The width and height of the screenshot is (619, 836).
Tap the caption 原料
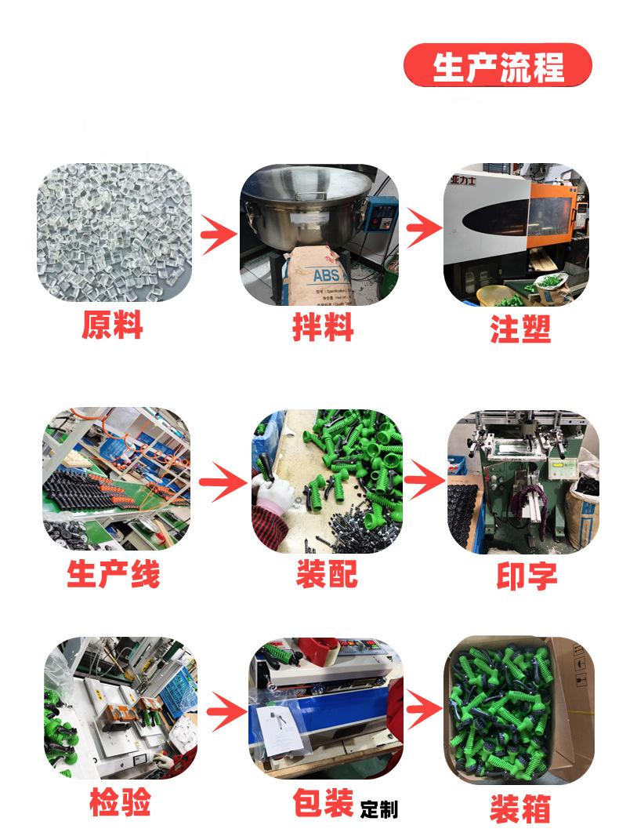coord(112,325)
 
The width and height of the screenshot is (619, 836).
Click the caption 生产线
coord(114,574)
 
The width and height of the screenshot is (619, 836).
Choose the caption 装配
coord(327,574)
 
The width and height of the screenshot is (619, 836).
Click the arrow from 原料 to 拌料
coord(217,233)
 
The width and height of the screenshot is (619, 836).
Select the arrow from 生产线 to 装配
coord(223,483)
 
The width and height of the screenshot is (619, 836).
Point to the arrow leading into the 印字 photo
coord(425,479)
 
